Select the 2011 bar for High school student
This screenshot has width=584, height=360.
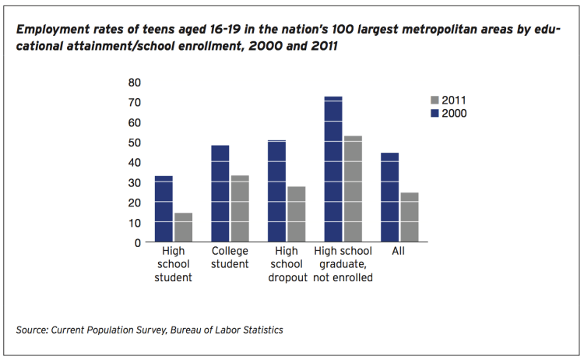(183, 228)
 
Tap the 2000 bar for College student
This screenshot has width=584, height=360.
(220, 193)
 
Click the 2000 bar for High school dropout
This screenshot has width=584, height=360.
(276, 191)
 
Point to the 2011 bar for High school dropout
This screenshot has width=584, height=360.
(296, 214)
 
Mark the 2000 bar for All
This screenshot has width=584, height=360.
(389, 197)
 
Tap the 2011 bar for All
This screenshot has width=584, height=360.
(409, 217)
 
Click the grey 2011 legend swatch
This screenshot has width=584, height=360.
(434, 101)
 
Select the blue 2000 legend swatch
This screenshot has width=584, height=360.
(434, 114)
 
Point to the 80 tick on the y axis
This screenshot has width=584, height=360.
(134, 82)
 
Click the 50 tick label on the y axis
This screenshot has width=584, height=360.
(134, 142)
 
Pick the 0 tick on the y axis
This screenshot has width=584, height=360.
(138, 242)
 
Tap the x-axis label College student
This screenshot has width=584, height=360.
(230, 258)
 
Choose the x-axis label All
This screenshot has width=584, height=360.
(399, 252)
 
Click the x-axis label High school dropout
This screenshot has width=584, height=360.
(287, 265)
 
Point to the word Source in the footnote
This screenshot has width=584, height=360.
(31, 330)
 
